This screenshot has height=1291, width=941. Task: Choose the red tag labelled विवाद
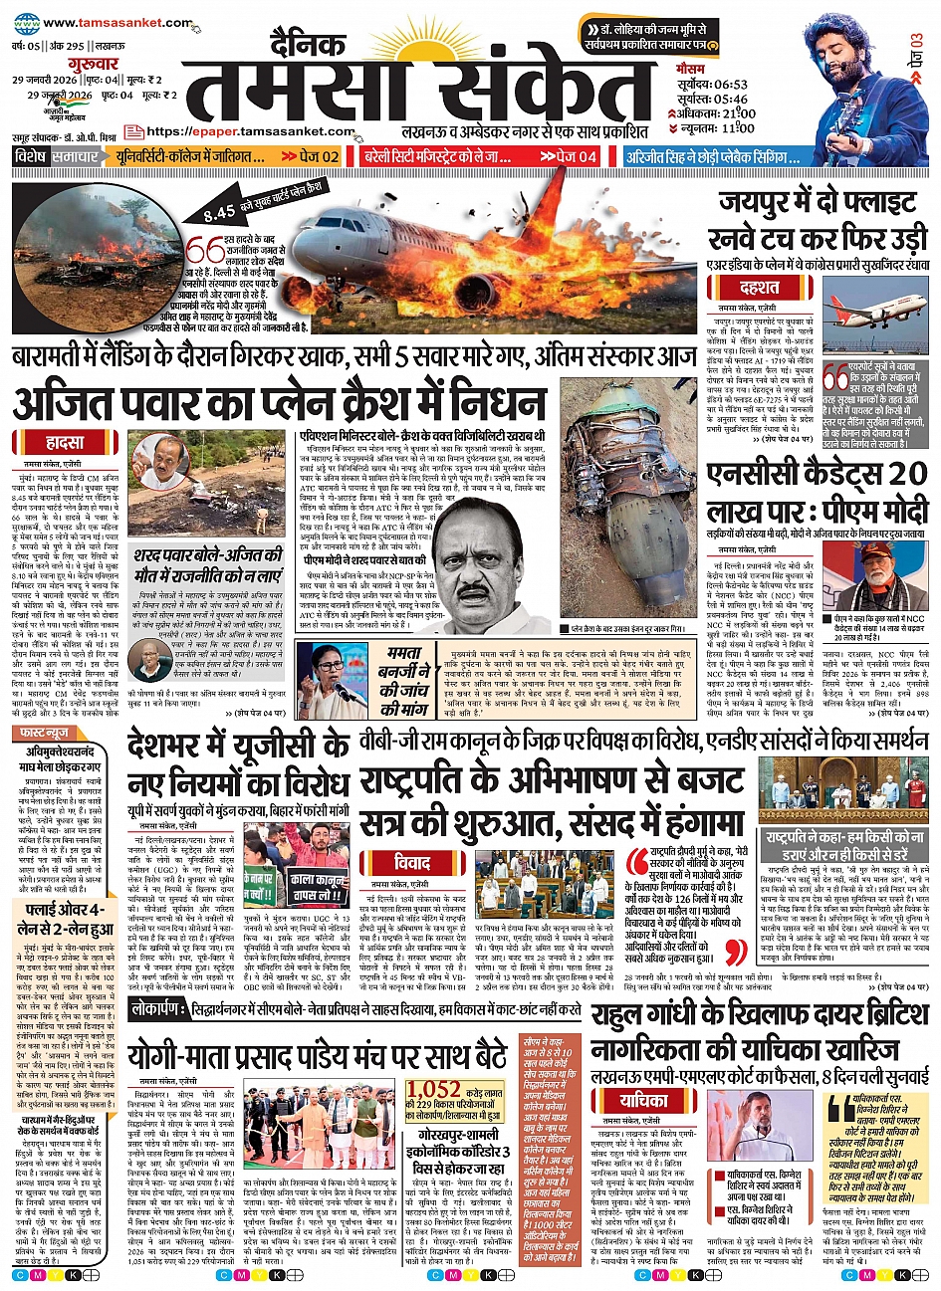(x=410, y=862)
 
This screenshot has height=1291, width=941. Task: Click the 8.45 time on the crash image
(x=219, y=211)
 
